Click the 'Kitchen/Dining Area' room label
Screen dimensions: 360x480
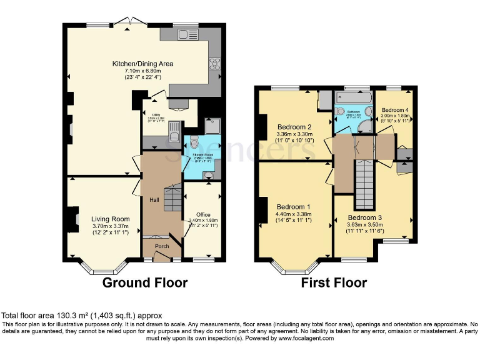142,64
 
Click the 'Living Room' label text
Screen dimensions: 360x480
111,219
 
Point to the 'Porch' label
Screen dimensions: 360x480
162,246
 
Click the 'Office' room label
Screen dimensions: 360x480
204,214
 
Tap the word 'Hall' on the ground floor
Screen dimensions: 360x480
154,199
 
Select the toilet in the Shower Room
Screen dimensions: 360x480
193,142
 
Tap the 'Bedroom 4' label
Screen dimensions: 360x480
395,109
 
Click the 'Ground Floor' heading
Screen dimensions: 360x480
145,282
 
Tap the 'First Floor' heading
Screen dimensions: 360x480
334,282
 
